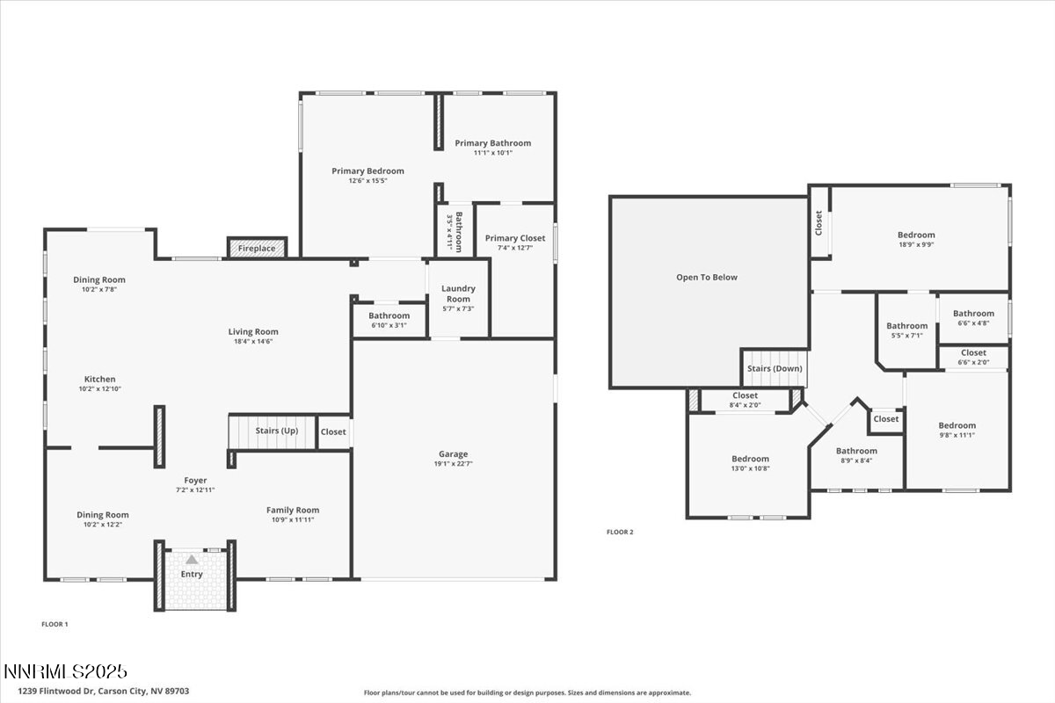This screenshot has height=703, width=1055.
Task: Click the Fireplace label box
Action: click(258, 249)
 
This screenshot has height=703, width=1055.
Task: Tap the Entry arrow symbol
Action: click(192, 559)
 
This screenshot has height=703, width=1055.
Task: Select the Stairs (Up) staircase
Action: click(272, 431)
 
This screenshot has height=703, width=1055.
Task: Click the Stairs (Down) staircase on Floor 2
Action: click(775, 367)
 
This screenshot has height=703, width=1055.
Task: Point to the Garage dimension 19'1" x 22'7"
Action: click(454, 464)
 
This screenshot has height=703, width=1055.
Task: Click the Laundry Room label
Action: click(458, 294)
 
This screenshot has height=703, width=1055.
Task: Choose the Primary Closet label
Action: click(514, 238)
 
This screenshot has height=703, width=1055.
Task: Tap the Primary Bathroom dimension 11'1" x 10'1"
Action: click(492, 153)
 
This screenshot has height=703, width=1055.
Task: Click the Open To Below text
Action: click(707, 278)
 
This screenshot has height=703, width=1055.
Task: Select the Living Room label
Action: click(253, 331)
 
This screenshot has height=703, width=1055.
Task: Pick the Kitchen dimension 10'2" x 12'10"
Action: click(100, 388)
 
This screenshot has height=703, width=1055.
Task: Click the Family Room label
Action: click(293, 510)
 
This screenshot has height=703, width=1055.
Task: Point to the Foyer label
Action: click(195, 481)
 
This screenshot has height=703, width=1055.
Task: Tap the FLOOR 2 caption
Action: click(620, 532)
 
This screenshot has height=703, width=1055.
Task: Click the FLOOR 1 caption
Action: click(55, 624)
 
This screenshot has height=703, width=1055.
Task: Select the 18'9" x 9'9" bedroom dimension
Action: click(916, 245)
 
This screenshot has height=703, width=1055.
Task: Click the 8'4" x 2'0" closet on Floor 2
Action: click(745, 401)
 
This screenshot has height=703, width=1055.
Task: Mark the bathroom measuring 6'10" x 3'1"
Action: click(389, 321)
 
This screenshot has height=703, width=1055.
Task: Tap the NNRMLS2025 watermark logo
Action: click(66, 672)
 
